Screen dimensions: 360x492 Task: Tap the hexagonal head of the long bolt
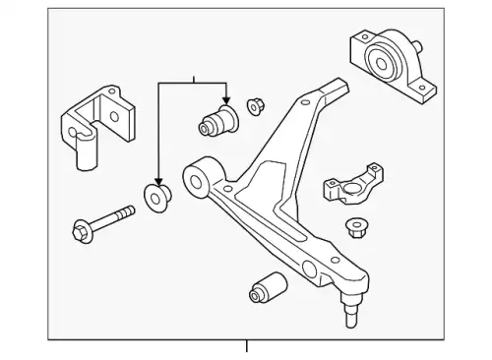(81, 231)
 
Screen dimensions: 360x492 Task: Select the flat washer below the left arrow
(157, 195)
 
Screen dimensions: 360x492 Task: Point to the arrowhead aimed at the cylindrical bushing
(225, 100)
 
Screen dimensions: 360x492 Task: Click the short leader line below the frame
(246, 346)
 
